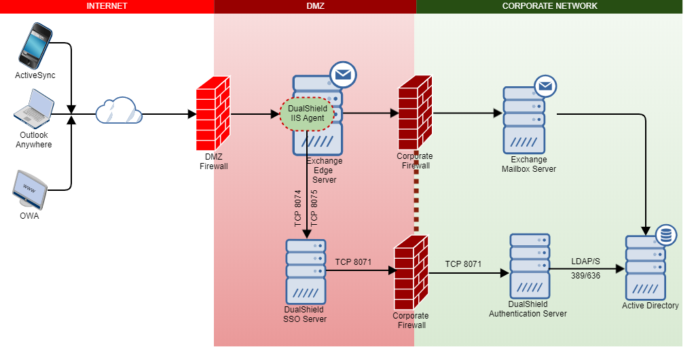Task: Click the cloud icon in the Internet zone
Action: click(x=118, y=111)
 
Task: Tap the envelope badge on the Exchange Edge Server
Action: click(x=344, y=75)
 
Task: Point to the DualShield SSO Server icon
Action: click(x=306, y=271)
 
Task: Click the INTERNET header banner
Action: click(x=107, y=6)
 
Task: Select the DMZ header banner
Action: click(x=315, y=6)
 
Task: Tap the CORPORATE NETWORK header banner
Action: click(x=549, y=6)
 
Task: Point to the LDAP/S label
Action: click(x=586, y=262)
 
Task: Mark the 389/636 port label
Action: click(x=586, y=276)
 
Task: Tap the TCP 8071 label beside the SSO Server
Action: click(x=353, y=262)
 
